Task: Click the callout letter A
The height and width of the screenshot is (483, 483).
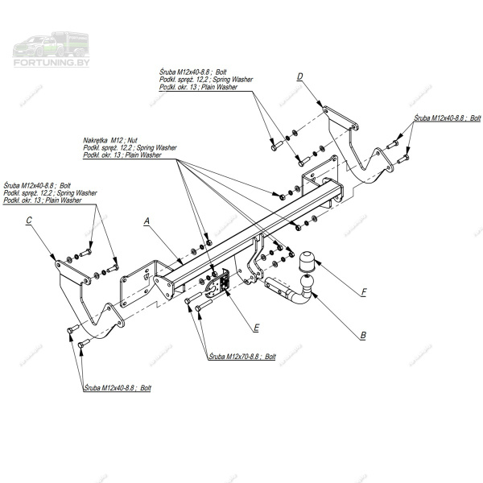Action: click(147, 220)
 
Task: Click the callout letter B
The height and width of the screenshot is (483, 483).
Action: click(364, 334)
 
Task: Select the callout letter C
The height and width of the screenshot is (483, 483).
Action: click(29, 220)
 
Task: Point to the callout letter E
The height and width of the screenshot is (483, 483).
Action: click(255, 328)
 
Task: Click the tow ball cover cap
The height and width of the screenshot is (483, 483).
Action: click(310, 263)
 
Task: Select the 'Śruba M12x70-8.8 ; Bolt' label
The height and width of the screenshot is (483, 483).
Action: click(242, 355)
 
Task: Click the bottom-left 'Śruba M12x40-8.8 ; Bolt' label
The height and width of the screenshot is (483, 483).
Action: click(118, 388)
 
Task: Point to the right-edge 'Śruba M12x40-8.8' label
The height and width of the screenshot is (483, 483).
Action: click(447, 118)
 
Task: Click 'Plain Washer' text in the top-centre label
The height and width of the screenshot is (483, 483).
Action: click(220, 86)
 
